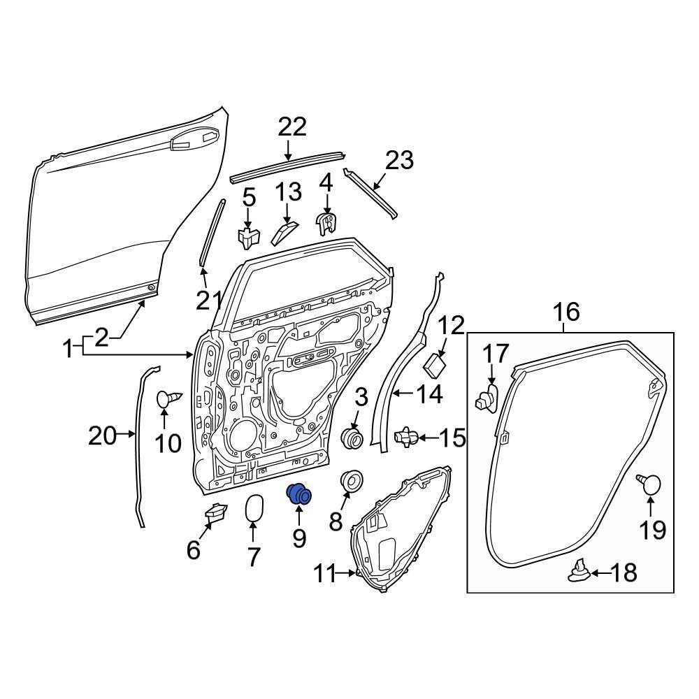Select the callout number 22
[292, 127]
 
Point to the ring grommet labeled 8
[352, 482]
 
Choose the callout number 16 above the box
[567, 312]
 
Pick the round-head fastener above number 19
[650, 483]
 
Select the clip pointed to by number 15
[406, 438]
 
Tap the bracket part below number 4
[326, 222]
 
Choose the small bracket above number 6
[215, 512]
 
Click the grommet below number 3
[352, 438]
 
